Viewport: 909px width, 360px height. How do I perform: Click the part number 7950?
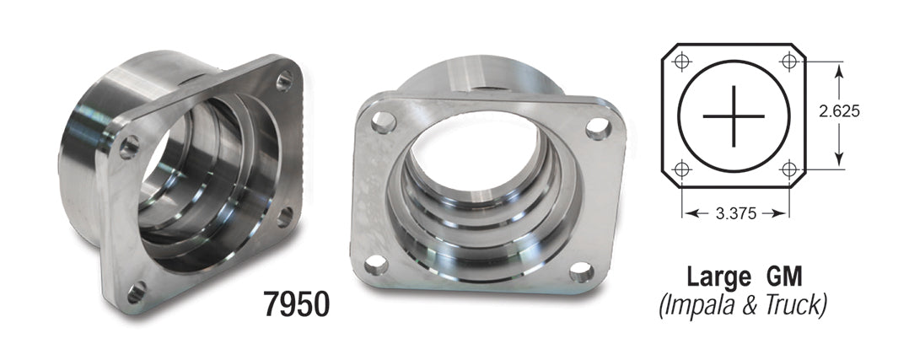coord(296,304)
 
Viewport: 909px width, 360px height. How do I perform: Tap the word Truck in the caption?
coord(794,304)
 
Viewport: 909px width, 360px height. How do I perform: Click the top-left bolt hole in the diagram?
coord(683,62)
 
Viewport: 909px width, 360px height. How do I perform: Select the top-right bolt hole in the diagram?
coord(790,62)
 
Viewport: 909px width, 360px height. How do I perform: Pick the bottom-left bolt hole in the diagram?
coord(683,169)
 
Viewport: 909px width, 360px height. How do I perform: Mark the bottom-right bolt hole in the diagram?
coord(790,169)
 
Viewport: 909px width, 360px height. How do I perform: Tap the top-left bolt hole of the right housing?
coord(384,122)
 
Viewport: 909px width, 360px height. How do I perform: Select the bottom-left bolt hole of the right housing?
coord(376,266)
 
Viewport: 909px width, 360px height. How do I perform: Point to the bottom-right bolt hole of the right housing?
coord(580,271)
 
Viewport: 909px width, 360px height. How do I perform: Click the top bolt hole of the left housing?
coord(284,81)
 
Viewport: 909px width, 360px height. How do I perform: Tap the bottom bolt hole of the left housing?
coord(135,292)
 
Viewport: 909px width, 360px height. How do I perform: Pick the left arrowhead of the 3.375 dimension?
coord(691,214)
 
